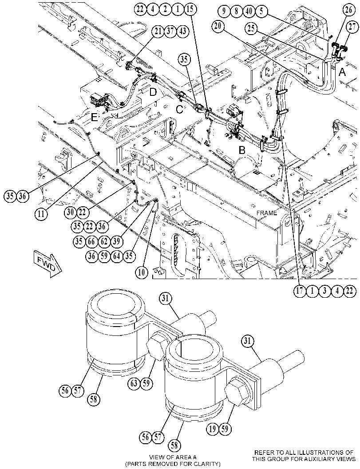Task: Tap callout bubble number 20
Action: [x=218, y=26]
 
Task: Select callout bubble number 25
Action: [x=251, y=29]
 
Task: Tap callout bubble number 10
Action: [x=142, y=272]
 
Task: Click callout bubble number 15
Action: [x=190, y=9]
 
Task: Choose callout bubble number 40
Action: [x=249, y=12]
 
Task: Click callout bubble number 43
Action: [x=183, y=31]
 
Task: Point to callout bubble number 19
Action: [x=213, y=429]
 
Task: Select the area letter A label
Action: [x=342, y=72]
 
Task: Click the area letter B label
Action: [x=242, y=150]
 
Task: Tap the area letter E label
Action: [x=94, y=118]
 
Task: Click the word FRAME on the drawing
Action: [x=267, y=213]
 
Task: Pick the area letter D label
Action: [x=153, y=92]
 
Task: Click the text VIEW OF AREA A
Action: [x=173, y=457]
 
